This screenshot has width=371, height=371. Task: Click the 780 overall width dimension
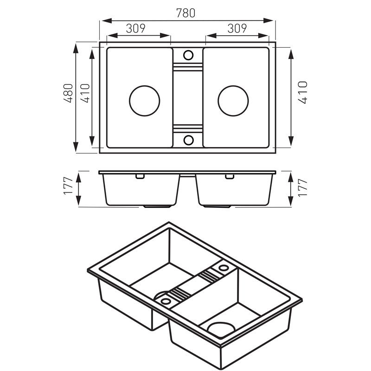186,13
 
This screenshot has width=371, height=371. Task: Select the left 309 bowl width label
135,28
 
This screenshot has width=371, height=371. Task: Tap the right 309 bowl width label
237,28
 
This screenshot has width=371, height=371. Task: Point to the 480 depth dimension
68,93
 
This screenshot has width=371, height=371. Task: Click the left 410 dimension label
85,93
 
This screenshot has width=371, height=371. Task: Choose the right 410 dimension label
303,92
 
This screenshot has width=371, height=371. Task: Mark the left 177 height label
68,186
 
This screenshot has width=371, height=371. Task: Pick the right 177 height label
303,188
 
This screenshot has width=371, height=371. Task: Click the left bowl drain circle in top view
145,101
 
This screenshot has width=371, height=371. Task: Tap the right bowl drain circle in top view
233,101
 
